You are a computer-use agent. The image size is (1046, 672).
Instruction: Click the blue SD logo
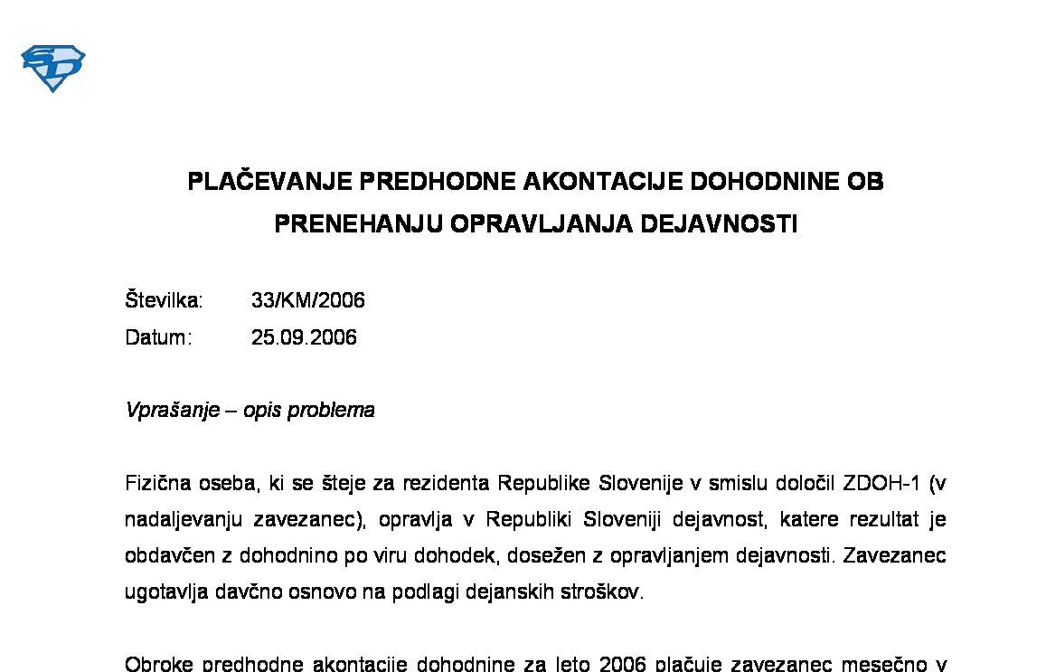coord(52,69)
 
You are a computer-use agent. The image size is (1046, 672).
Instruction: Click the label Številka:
coord(164,300)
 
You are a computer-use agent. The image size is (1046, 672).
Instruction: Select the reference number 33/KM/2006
coord(307,300)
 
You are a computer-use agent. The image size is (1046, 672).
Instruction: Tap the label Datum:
coord(158,337)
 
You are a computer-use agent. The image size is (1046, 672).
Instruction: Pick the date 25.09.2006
coord(304,337)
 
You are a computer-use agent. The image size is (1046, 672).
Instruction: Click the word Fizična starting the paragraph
coord(156,483)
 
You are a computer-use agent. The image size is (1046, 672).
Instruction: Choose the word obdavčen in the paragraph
coord(165,556)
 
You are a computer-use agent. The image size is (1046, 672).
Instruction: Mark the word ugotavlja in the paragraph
coord(162,592)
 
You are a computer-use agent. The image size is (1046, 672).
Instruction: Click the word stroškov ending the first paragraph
coord(606,592)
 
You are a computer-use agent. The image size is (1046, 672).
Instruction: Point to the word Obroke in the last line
coord(156,664)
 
